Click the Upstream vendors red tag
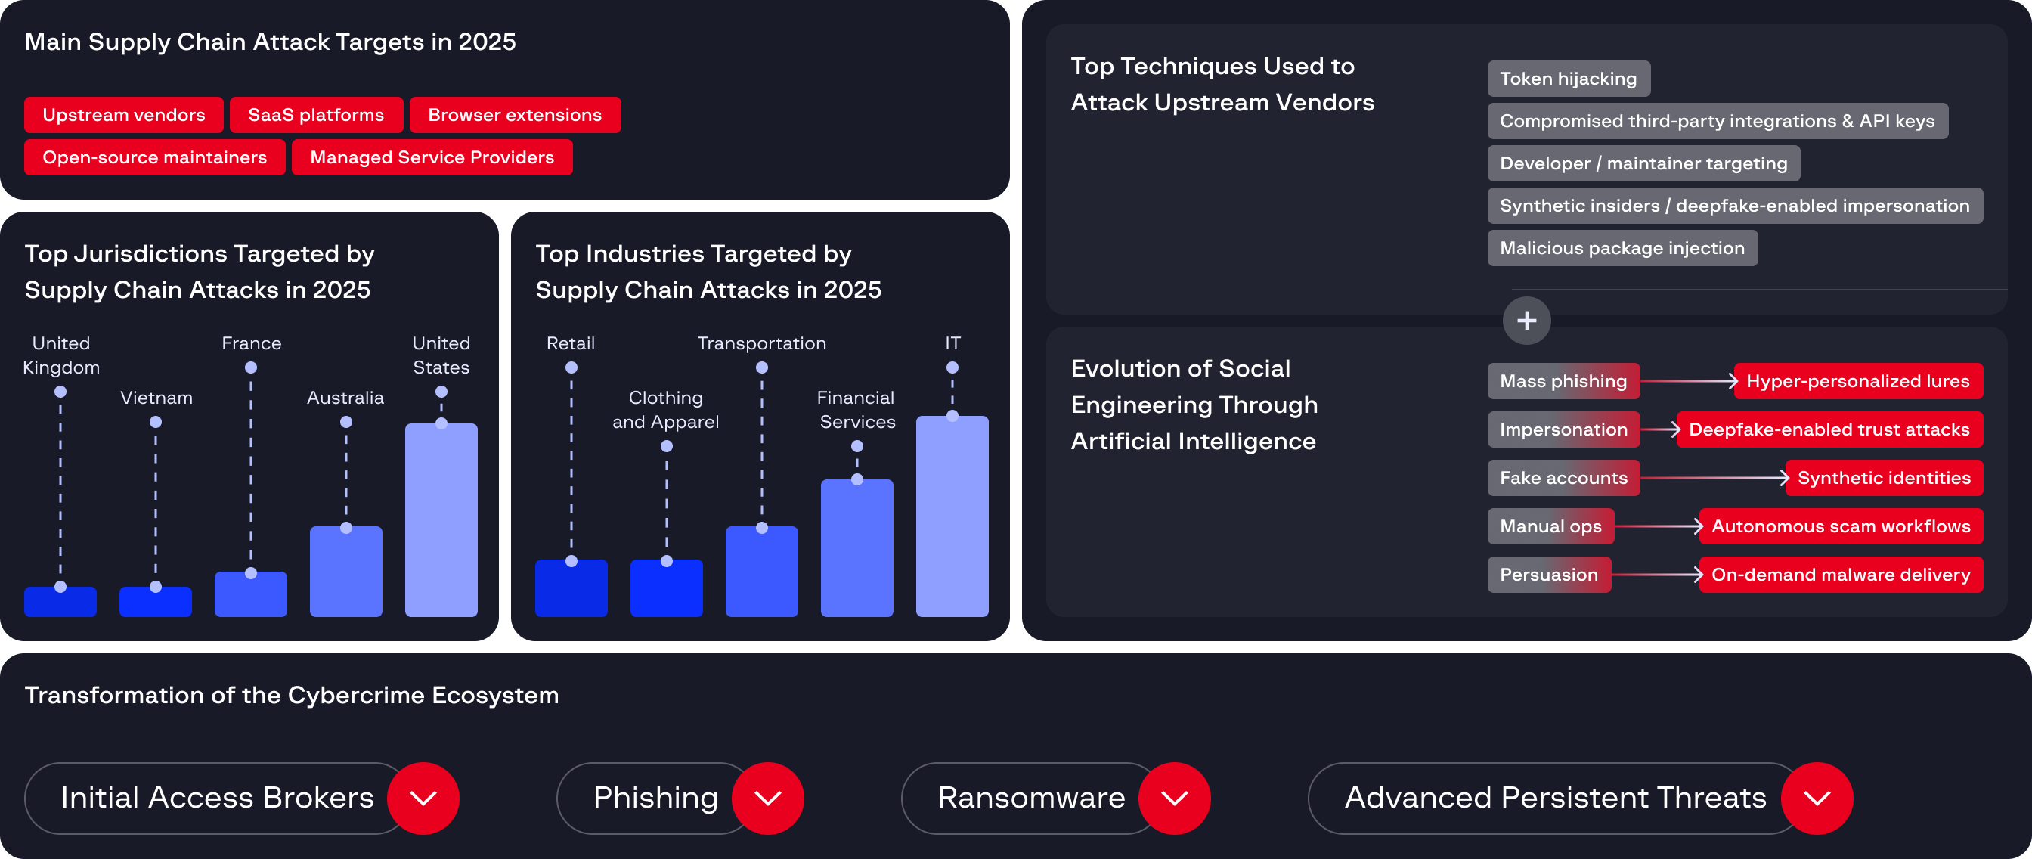(x=124, y=115)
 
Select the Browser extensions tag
(x=514, y=115)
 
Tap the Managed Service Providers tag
(x=432, y=158)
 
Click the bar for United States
(x=441, y=520)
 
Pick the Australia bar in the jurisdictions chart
(x=345, y=572)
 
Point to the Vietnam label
(x=156, y=398)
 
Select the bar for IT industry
(x=951, y=516)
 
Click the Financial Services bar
(x=856, y=548)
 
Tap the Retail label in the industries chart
(x=570, y=343)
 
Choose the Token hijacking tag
(x=1568, y=79)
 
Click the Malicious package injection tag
(x=1622, y=249)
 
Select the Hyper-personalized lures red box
(x=1857, y=382)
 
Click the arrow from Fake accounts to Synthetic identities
(x=1712, y=478)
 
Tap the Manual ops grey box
(x=1550, y=527)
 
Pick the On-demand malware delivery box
(x=1840, y=575)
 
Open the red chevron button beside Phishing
(x=767, y=799)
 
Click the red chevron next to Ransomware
(x=1175, y=799)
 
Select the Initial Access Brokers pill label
(x=217, y=799)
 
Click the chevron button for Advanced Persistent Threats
(x=1817, y=799)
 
